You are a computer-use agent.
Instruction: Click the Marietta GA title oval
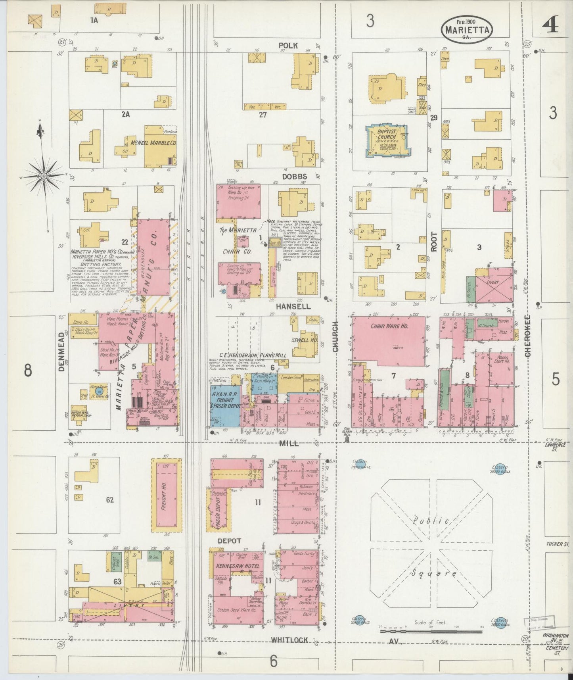pos(466,29)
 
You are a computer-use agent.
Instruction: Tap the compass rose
pos(44,176)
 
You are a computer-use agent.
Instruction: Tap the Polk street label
pos(287,45)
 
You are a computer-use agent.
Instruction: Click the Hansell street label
pos(293,307)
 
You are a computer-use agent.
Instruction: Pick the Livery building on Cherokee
pos(494,285)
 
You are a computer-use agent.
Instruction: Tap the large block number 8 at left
pos(27,371)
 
